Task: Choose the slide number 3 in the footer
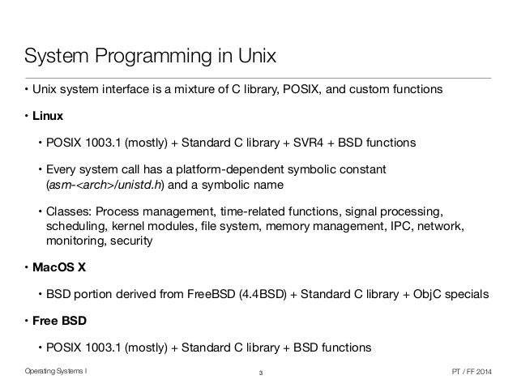click(260, 373)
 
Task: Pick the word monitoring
click(76, 241)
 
